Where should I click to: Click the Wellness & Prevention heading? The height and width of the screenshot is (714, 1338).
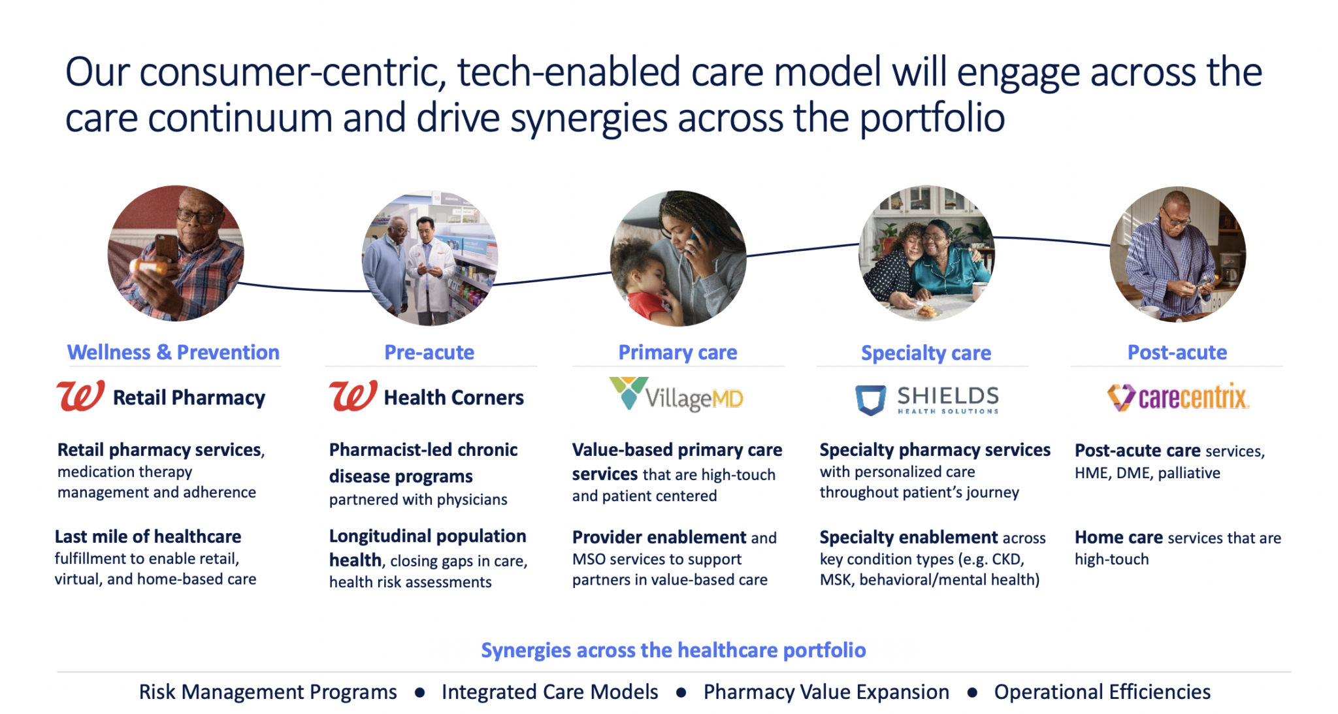click(x=173, y=352)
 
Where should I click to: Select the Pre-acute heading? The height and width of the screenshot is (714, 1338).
click(x=429, y=352)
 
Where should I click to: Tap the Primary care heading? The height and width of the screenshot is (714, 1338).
click(x=677, y=353)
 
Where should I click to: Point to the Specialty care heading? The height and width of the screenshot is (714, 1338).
click(x=926, y=353)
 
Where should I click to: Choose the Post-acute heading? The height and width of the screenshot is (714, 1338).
click(x=1177, y=352)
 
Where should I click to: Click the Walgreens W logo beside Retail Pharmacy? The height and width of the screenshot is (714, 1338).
click(x=80, y=395)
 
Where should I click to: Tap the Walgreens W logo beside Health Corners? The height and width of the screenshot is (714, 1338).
click(x=353, y=395)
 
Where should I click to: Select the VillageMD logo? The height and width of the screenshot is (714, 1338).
click(x=676, y=395)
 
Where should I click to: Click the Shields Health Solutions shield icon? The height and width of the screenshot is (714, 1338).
click(x=871, y=400)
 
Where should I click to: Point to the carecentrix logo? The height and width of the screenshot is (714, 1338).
click(x=1178, y=397)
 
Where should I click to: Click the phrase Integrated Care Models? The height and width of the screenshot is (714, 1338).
click(x=550, y=692)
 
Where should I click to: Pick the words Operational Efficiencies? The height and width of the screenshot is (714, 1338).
click(x=1102, y=692)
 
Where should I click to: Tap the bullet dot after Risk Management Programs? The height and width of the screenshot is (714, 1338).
click(x=419, y=692)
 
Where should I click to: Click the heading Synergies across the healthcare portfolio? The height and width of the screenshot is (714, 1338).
click(x=674, y=650)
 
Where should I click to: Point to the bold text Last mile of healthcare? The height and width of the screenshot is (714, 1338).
click(x=148, y=536)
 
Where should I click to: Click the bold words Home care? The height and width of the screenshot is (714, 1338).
click(x=1118, y=537)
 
